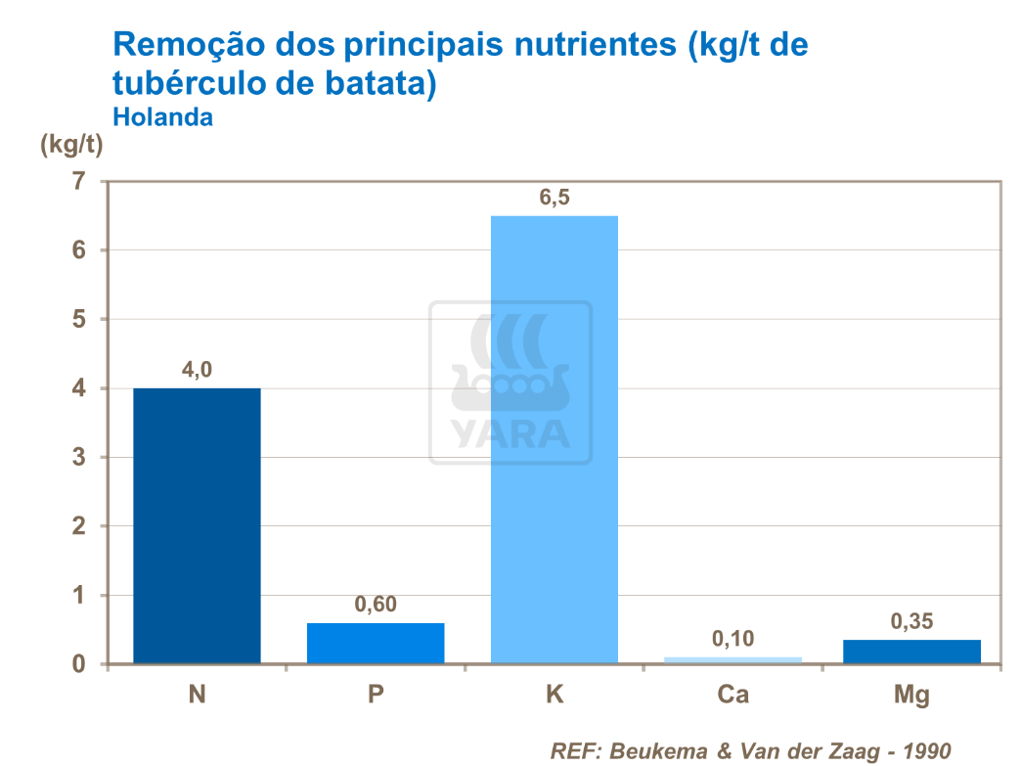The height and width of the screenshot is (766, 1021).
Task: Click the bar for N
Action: tap(197, 526)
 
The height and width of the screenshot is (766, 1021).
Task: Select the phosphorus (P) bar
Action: tap(376, 644)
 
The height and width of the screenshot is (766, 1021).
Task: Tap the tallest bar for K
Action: tap(555, 440)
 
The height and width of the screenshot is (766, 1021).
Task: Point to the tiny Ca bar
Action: tap(733, 660)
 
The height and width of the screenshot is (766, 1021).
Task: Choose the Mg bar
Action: tap(911, 652)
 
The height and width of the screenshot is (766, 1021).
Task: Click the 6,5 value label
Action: tap(555, 199)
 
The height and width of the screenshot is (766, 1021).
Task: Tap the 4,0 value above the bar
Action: tap(197, 370)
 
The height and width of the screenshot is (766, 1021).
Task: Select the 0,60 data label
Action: tap(376, 605)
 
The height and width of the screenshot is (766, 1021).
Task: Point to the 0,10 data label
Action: tap(733, 639)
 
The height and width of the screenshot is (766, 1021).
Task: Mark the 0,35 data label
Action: tap(911, 621)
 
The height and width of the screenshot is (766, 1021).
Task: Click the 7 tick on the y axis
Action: tap(79, 181)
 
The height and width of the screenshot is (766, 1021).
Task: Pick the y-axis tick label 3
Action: tap(79, 458)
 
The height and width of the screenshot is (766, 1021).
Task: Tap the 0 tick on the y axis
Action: tap(79, 665)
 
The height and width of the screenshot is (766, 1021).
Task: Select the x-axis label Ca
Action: tap(733, 696)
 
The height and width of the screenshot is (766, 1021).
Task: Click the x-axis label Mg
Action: tap(911, 697)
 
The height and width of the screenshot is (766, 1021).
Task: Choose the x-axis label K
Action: tap(555, 696)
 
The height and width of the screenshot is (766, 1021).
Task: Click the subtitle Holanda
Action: tap(162, 116)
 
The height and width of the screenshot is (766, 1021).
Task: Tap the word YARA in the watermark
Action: tap(510, 432)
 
